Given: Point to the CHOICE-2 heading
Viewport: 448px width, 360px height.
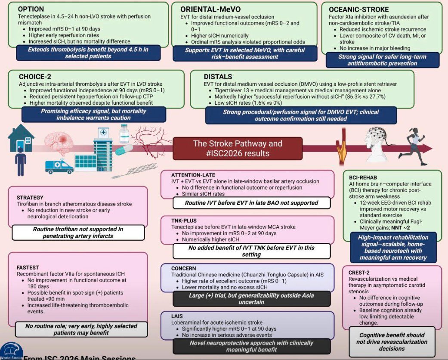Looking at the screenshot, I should (36, 76).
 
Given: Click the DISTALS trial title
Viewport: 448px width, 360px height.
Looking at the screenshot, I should (218, 76).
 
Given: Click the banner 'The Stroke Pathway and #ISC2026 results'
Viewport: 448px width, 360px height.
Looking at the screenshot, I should (238, 149).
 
